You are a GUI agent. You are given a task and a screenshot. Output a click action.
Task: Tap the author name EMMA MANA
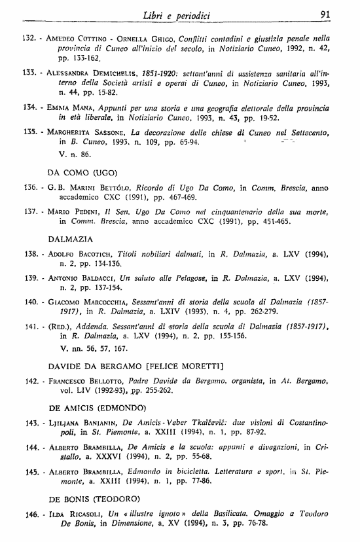pos(65,106)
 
